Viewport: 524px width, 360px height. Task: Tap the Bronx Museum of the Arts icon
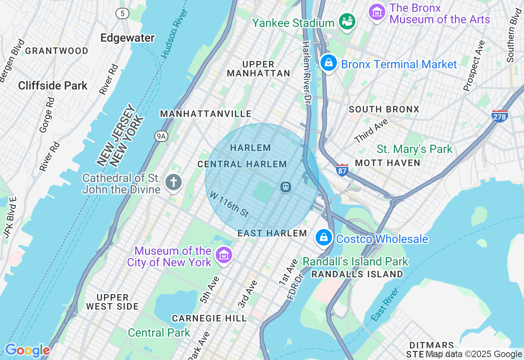point(377,12)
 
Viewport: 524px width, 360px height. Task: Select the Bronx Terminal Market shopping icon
point(328,63)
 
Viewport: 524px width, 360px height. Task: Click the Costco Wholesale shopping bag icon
point(323,238)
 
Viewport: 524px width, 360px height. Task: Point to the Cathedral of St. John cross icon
point(174,182)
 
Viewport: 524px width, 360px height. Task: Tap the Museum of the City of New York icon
point(224,256)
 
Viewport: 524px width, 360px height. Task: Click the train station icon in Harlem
point(285,187)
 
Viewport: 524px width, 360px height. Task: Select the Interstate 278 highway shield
point(500,116)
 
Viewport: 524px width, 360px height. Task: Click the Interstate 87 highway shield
point(342,170)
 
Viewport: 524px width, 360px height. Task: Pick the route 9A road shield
point(161,136)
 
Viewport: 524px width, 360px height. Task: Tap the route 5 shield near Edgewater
point(122,13)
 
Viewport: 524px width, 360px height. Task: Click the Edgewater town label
point(127,38)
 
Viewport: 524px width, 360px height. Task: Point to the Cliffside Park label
point(53,86)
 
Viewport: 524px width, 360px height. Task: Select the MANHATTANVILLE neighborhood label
point(206,114)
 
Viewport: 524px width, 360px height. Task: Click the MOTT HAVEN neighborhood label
point(387,163)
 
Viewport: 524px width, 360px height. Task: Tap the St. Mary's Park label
point(414,149)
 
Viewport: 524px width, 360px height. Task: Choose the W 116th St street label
point(229,205)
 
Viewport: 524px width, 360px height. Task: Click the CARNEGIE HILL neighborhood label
point(209,318)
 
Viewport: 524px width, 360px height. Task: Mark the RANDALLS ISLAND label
point(357,274)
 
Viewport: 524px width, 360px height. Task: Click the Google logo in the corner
point(27,350)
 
